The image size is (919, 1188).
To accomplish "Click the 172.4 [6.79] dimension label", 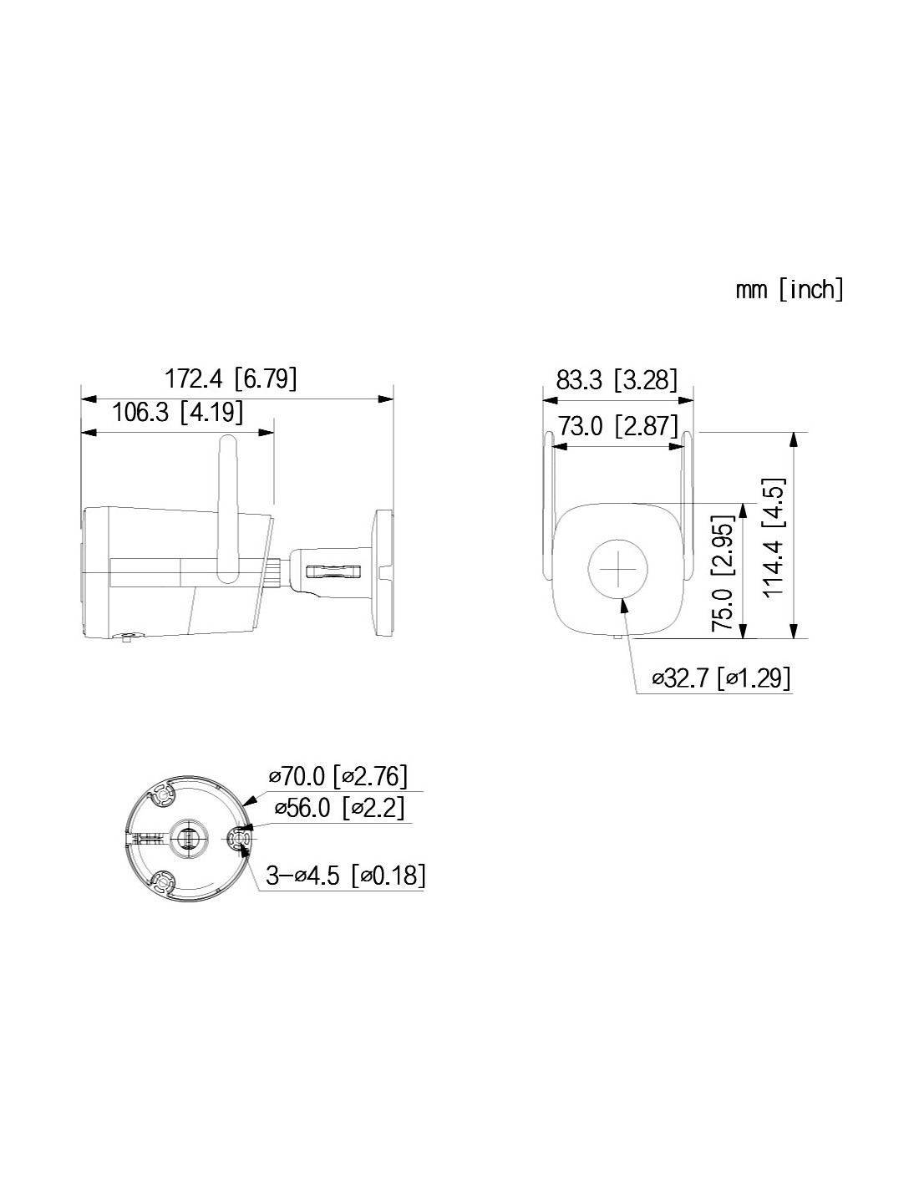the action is [230, 378].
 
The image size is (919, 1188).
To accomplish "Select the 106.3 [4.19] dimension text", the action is [177, 412].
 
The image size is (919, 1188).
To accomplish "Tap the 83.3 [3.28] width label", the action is [616, 378].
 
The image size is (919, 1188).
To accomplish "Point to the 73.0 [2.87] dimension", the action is [617, 425].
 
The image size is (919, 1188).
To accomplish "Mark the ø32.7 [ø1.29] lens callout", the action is [721, 678].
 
